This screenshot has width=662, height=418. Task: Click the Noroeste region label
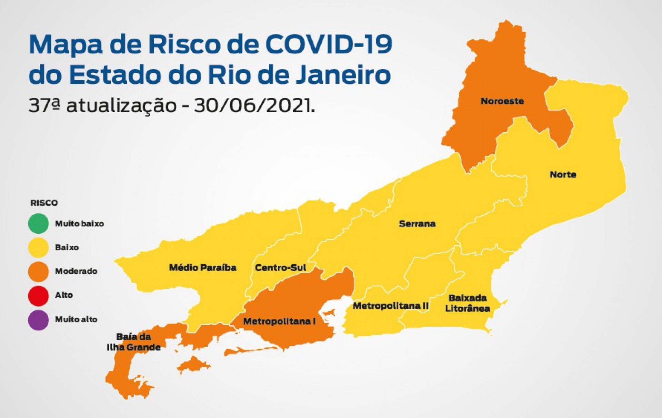click(502, 101)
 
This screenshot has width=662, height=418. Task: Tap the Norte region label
click(563, 174)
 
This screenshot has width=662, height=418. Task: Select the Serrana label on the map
click(417, 224)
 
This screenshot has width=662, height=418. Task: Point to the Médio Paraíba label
click(202, 267)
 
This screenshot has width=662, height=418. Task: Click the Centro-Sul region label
click(280, 267)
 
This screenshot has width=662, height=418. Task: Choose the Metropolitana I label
click(279, 321)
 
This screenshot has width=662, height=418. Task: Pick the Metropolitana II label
click(390, 306)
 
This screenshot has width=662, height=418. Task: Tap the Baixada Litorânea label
click(467, 303)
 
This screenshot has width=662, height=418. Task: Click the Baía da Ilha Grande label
click(133, 342)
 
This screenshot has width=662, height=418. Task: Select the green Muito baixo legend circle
click(38, 223)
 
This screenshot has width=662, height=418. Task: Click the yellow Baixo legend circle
click(38, 247)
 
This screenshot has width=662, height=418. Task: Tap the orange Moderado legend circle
click(38, 271)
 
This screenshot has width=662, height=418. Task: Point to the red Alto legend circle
click(38, 295)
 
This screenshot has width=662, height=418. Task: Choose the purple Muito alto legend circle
click(38, 320)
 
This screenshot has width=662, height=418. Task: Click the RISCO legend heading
click(44, 203)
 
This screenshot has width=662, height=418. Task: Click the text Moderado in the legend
click(76, 271)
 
